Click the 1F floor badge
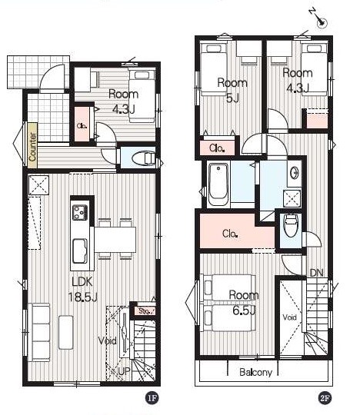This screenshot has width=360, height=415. coord(152,398)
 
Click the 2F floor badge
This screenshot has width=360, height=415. coord(325,398)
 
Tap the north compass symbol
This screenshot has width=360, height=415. coord(319,18)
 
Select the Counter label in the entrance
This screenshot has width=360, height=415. coord(32,146)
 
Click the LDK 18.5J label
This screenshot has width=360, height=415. coord(83,289)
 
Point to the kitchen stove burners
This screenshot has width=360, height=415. coord(80,212)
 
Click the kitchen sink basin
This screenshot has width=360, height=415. coord(80,251)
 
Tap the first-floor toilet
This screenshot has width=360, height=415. coord(143,158)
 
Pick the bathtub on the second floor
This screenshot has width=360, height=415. coord(218,184)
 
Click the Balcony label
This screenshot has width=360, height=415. coord(255,372)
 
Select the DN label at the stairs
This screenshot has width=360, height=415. coord(316,273)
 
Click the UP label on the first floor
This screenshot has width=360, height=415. coord(125,371)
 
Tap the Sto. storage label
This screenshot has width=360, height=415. coord(145,311)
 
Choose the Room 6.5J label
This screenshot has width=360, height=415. coord(244,303)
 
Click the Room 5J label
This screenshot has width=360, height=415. coord(232,90)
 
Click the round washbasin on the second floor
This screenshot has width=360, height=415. coord(295,174)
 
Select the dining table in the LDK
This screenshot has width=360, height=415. coord(115,240)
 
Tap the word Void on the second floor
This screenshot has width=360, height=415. coord(289,317)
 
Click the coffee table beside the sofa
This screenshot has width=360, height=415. coord(65,332)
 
